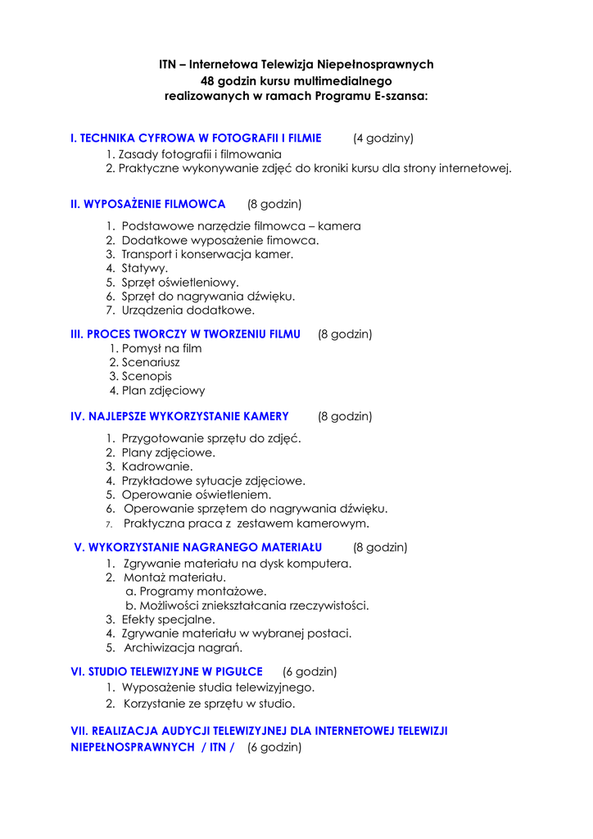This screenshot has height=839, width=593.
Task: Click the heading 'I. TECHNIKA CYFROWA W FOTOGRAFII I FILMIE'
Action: coord(196,138)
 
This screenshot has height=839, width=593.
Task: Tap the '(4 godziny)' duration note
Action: coord(383,138)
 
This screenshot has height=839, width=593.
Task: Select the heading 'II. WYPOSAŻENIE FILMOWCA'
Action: coord(148,203)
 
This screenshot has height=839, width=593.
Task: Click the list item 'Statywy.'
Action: coord(145,268)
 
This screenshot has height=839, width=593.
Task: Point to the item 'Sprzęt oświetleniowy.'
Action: coord(180,282)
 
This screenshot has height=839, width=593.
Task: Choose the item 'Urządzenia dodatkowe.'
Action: coord(188,311)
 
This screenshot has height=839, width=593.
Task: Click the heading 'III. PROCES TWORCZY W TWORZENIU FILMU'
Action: coord(186,334)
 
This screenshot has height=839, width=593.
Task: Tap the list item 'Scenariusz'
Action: coord(151,362)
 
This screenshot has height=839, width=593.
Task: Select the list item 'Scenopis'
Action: coord(147,376)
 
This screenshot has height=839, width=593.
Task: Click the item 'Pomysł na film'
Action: coord(161,348)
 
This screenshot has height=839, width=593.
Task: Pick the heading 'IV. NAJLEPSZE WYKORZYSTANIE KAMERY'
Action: coord(180,416)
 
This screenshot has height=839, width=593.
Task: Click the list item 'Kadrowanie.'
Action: coord(157,466)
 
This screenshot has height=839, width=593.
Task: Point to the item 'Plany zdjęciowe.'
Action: coord(169,452)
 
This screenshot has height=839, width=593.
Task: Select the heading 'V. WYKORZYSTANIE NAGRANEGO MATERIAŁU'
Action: coord(198,546)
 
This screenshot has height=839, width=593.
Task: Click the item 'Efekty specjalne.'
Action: coord(169,619)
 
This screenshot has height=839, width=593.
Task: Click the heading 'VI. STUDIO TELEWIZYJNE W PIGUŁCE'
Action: coord(167,671)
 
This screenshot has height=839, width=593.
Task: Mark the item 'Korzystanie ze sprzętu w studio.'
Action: coord(209,703)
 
